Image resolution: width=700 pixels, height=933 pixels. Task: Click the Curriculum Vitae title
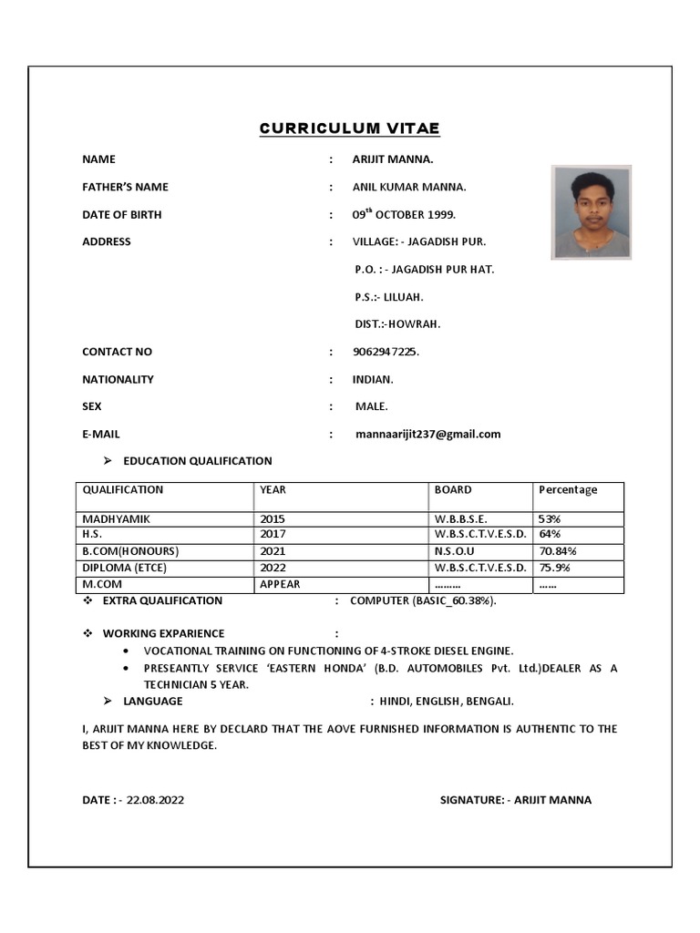[x=349, y=128]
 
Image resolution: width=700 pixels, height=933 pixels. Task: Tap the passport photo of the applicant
[x=591, y=212]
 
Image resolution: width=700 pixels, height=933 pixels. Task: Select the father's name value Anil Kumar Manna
[x=409, y=187]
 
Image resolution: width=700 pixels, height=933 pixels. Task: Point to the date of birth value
[x=404, y=215]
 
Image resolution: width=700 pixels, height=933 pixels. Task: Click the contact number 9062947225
[x=386, y=352]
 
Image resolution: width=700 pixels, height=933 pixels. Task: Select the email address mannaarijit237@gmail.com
[x=427, y=435]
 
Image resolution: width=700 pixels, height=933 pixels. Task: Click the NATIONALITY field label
[x=118, y=379]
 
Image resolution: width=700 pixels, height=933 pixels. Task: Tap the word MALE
[x=371, y=406]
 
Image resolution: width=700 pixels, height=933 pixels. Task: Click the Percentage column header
[x=568, y=490]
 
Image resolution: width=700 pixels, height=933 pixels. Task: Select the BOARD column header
[x=453, y=490]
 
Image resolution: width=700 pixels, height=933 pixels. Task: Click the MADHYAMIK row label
[x=117, y=518]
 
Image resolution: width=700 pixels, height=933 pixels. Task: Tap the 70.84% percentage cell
[x=558, y=551]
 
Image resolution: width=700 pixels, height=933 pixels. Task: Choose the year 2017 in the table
[x=273, y=534]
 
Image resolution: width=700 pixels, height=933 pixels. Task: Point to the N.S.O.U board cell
[x=455, y=551]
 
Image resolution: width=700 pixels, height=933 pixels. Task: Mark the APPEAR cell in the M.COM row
[x=280, y=584]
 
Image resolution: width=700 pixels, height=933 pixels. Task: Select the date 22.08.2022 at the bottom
[x=155, y=800]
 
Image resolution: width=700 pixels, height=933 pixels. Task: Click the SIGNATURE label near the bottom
[x=472, y=800]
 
